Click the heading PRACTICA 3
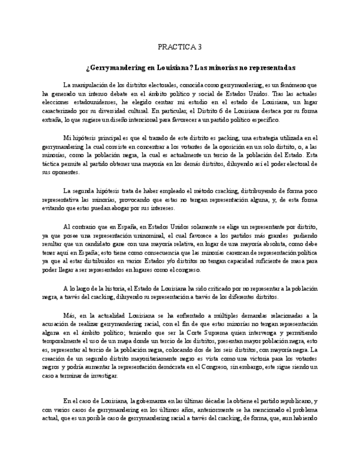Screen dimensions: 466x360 (180, 47)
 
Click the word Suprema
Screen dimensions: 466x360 (202, 332)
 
